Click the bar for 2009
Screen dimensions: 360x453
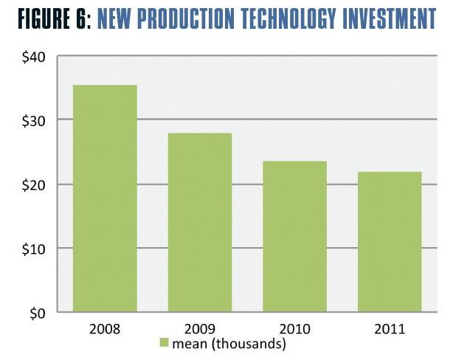[200, 223]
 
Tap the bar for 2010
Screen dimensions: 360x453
[295, 237]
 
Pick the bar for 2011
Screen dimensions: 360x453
[390, 242]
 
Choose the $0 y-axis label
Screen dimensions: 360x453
[35, 313]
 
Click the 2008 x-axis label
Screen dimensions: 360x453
[105, 328]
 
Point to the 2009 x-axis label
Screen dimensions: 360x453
[200, 328]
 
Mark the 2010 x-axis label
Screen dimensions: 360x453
[295, 328]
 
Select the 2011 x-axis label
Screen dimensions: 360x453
[390, 328]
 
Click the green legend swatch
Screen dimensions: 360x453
[164, 343]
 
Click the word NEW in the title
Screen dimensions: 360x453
[117, 20]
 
